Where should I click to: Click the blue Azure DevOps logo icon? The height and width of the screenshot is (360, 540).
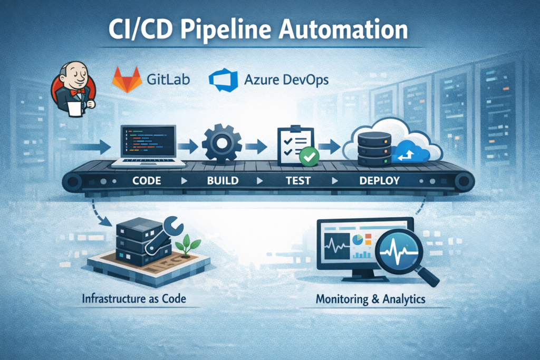click(222, 80)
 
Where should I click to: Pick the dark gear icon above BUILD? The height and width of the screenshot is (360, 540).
click(221, 142)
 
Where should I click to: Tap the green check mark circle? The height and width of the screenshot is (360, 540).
click(307, 157)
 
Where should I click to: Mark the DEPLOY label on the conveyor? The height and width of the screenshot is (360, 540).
click(380, 181)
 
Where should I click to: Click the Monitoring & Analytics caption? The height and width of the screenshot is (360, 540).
click(371, 299)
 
